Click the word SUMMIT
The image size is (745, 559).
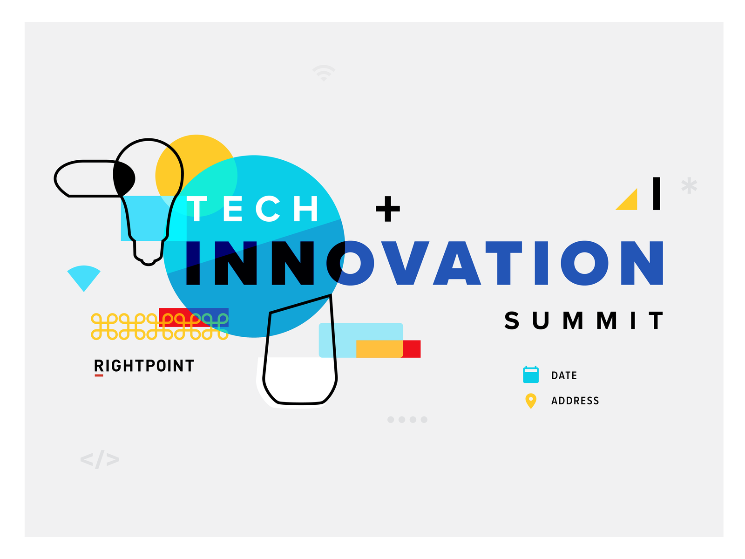coord(584,320)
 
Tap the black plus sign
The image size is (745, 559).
coord(388,208)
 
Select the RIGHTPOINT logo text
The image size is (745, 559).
coord(144,366)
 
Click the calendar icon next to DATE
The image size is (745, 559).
coord(531,375)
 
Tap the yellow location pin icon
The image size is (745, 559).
coord(530,401)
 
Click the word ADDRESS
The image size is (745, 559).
coord(575,401)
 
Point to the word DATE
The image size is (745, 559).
coord(564,375)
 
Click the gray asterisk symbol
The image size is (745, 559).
coord(689,185)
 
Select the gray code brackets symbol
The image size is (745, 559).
coord(100,459)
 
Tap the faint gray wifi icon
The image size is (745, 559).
coord(324,73)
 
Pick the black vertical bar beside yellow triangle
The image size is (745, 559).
coord(657,193)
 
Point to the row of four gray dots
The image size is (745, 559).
coord(407,420)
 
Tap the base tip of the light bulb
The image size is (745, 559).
coord(148,261)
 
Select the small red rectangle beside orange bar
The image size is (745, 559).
coord(412,349)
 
